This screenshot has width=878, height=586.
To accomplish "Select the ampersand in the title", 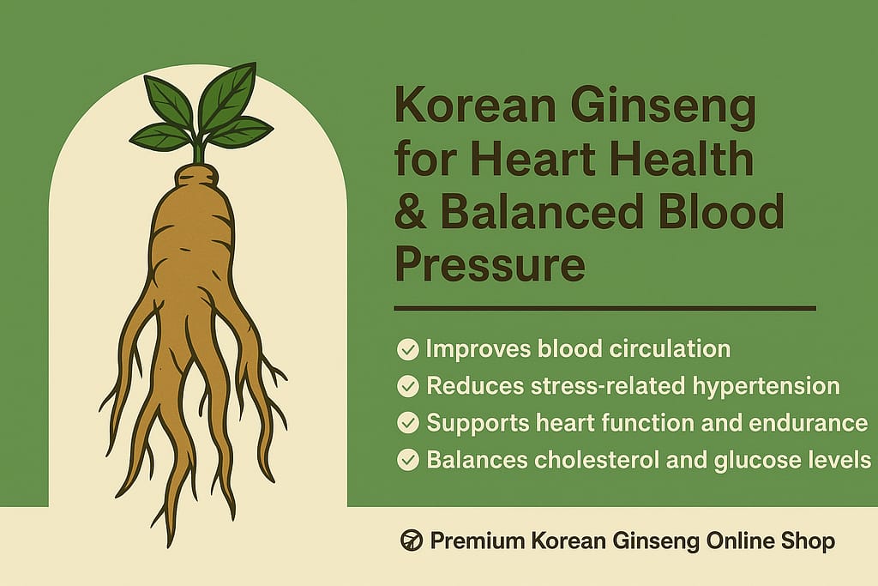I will coord(410,213).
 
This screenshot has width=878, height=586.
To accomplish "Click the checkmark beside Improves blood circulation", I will coord(408,349).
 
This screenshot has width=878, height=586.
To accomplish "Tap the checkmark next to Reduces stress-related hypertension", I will coord(408,386).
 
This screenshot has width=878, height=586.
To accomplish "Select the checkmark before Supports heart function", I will coord(408,423).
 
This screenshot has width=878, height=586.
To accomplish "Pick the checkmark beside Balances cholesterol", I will coord(408,460).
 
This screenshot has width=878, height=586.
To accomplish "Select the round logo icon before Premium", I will coord(412,541).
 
